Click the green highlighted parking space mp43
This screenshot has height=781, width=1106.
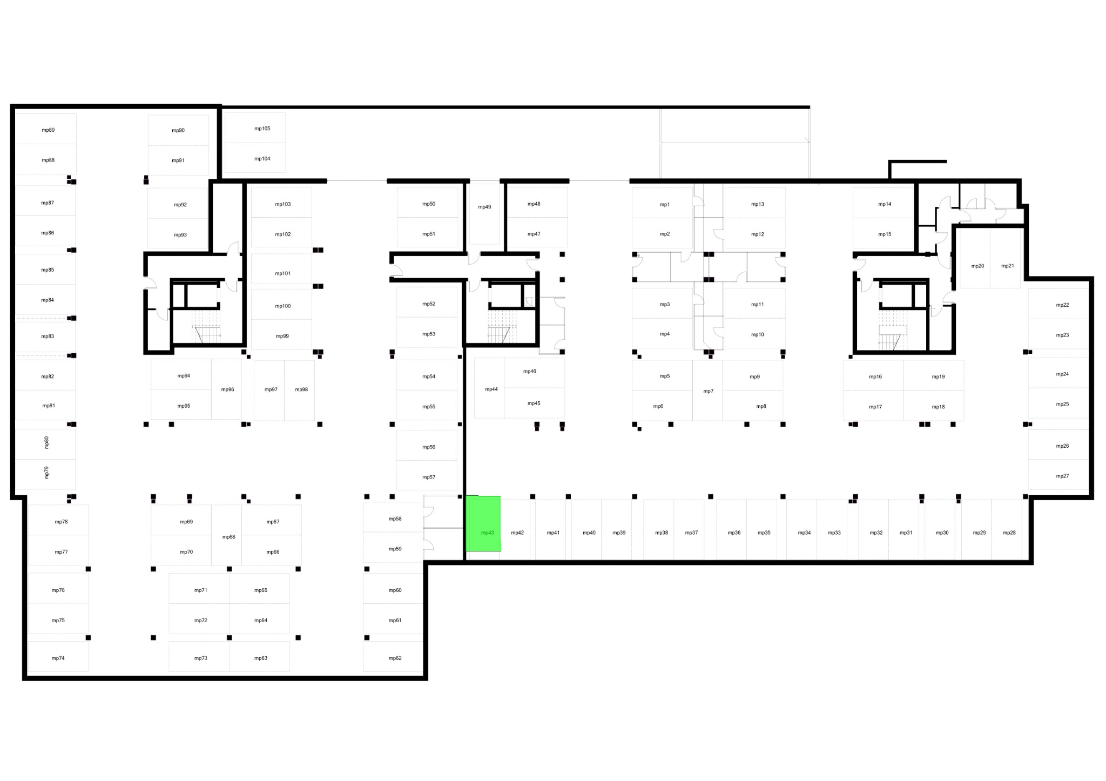pos(483,523)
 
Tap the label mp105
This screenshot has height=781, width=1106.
pos(262,129)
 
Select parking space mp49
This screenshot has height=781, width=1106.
pos(484,214)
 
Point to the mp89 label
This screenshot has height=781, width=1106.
pos(48,130)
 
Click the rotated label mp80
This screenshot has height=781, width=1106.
pos(46,442)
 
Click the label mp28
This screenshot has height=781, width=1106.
pos(1009,533)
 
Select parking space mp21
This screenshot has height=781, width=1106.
pos(1006,258)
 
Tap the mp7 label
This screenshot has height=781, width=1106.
pos(709,391)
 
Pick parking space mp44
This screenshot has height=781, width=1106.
pos(489,388)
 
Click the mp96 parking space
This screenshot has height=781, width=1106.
pos(226,389)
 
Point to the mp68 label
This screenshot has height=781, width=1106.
pos(229,537)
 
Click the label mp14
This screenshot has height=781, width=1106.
pos(885,204)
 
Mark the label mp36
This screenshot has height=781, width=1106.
pos(734,533)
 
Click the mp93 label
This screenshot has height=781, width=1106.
pos(180,235)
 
